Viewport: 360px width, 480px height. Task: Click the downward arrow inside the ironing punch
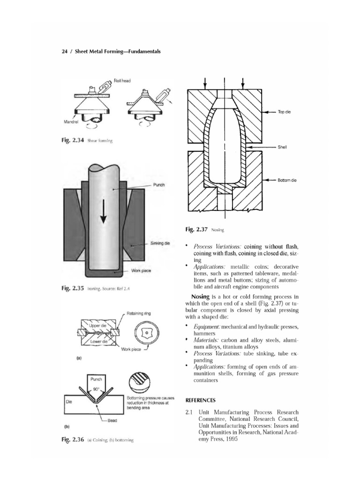pos(103,211)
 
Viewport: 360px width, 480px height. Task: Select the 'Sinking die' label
pos(160,244)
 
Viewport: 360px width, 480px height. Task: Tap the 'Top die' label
pos(285,112)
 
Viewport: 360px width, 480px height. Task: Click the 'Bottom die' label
pos(287,180)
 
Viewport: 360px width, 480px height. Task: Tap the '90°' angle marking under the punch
pos(96,389)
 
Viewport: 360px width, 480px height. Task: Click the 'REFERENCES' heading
pos(201,400)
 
